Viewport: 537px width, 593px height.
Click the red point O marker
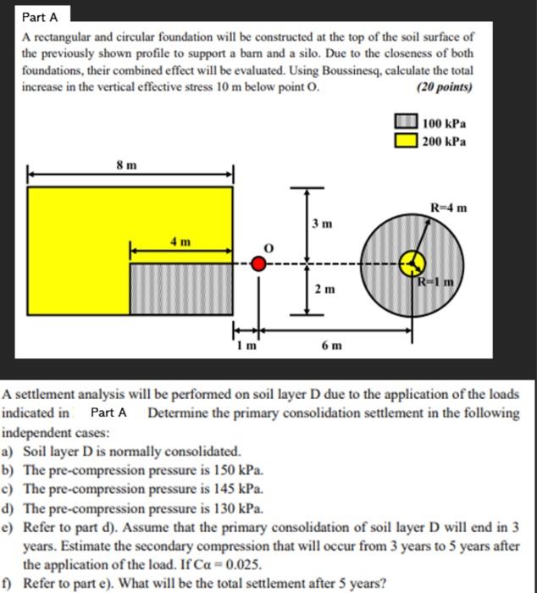260,263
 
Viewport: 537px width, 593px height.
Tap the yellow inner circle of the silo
412,263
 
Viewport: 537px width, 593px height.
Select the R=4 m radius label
448,207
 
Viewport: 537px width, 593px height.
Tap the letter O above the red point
269,246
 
